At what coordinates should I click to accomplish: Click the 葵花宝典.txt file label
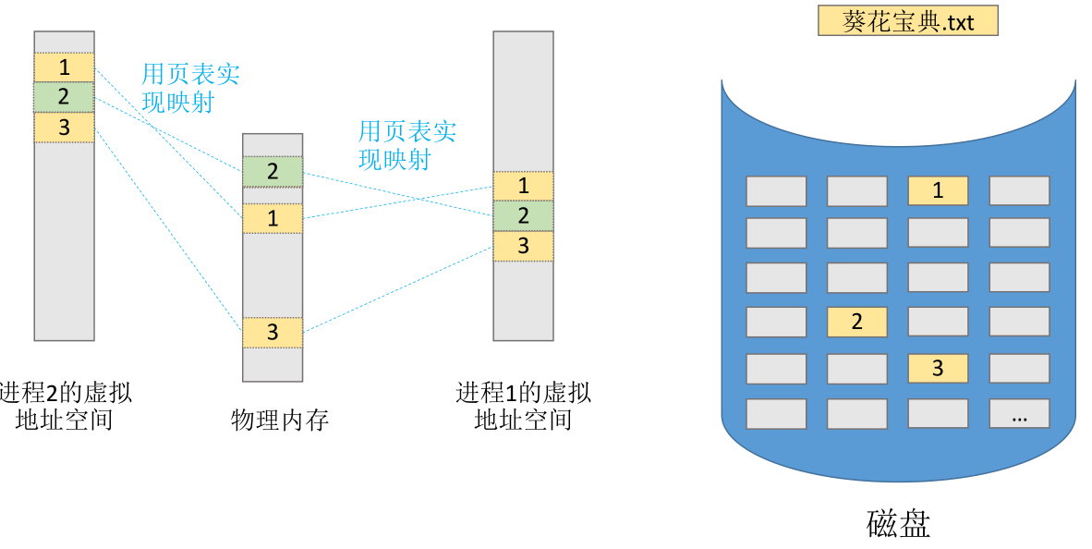(x=907, y=21)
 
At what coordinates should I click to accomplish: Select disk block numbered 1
(x=938, y=190)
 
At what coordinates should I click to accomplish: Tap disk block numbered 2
(x=856, y=322)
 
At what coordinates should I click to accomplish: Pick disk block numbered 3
(x=938, y=368)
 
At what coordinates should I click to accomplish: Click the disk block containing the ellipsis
(x=1019, y=414)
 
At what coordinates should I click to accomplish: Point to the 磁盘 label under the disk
(x=898, y=523)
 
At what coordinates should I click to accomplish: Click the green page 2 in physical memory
(x=273, y=171)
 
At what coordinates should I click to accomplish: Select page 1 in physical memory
(x=273, y=218)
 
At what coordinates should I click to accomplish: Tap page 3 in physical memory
(x=273, y=333)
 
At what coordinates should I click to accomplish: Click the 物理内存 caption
(x=279, y=421)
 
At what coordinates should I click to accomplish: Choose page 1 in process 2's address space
(x=64, y=67)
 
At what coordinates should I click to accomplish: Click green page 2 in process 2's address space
(x=64, y=97)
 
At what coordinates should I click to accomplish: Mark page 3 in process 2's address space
(x=64, y=128)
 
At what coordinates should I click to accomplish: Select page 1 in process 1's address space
(x=523, y=186)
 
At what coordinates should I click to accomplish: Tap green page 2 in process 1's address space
(x=523, y=216)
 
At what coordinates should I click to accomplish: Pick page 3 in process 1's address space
(x=523, y=246)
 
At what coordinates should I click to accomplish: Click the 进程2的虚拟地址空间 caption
(x=65, y=406)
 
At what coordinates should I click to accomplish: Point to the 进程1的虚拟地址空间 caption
(x=523, y=406)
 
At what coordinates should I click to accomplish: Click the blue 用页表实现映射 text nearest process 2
(x=190, y=88)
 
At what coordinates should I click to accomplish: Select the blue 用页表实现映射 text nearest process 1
(x=407, y=145)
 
